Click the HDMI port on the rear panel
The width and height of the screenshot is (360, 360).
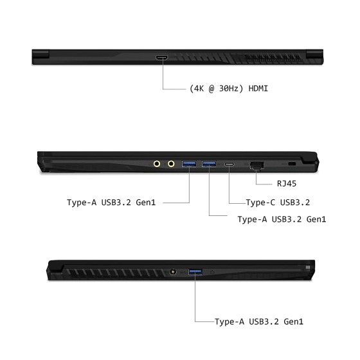click(x=162, y=58)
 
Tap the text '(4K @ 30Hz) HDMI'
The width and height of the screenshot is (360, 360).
click(x=229, y=89)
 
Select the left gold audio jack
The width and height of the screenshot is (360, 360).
click(x=157, y=164)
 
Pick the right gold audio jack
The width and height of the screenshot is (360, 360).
click(x=171, y=164)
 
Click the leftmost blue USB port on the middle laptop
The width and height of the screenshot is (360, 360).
click(x=189, y=164)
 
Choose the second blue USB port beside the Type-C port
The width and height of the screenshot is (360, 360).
click(x=209, y=164)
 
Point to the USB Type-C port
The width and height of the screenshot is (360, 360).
click(x=230, y=164)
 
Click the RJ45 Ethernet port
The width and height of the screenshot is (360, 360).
click(x=257, y=166)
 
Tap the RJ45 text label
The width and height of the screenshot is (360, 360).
click(x=287, y=184)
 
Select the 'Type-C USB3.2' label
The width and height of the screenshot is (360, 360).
click(x=278, y=203)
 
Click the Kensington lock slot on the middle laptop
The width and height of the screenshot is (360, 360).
click(x=292, y=164)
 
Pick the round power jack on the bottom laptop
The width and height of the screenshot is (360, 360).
click(x=173, y=272)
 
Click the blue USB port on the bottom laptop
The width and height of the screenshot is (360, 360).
click(x=195, y=272)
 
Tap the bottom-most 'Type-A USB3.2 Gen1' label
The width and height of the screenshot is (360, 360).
click(x=258, y=321)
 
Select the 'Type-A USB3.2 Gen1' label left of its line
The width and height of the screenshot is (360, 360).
click(x=111, y=203)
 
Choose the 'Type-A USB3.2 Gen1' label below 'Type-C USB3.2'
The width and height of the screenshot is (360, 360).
click(x=282, y=219)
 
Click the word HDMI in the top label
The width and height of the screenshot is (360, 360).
click(x=258, y=89)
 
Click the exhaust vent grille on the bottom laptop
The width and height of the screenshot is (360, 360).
click(x=116, y=273)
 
